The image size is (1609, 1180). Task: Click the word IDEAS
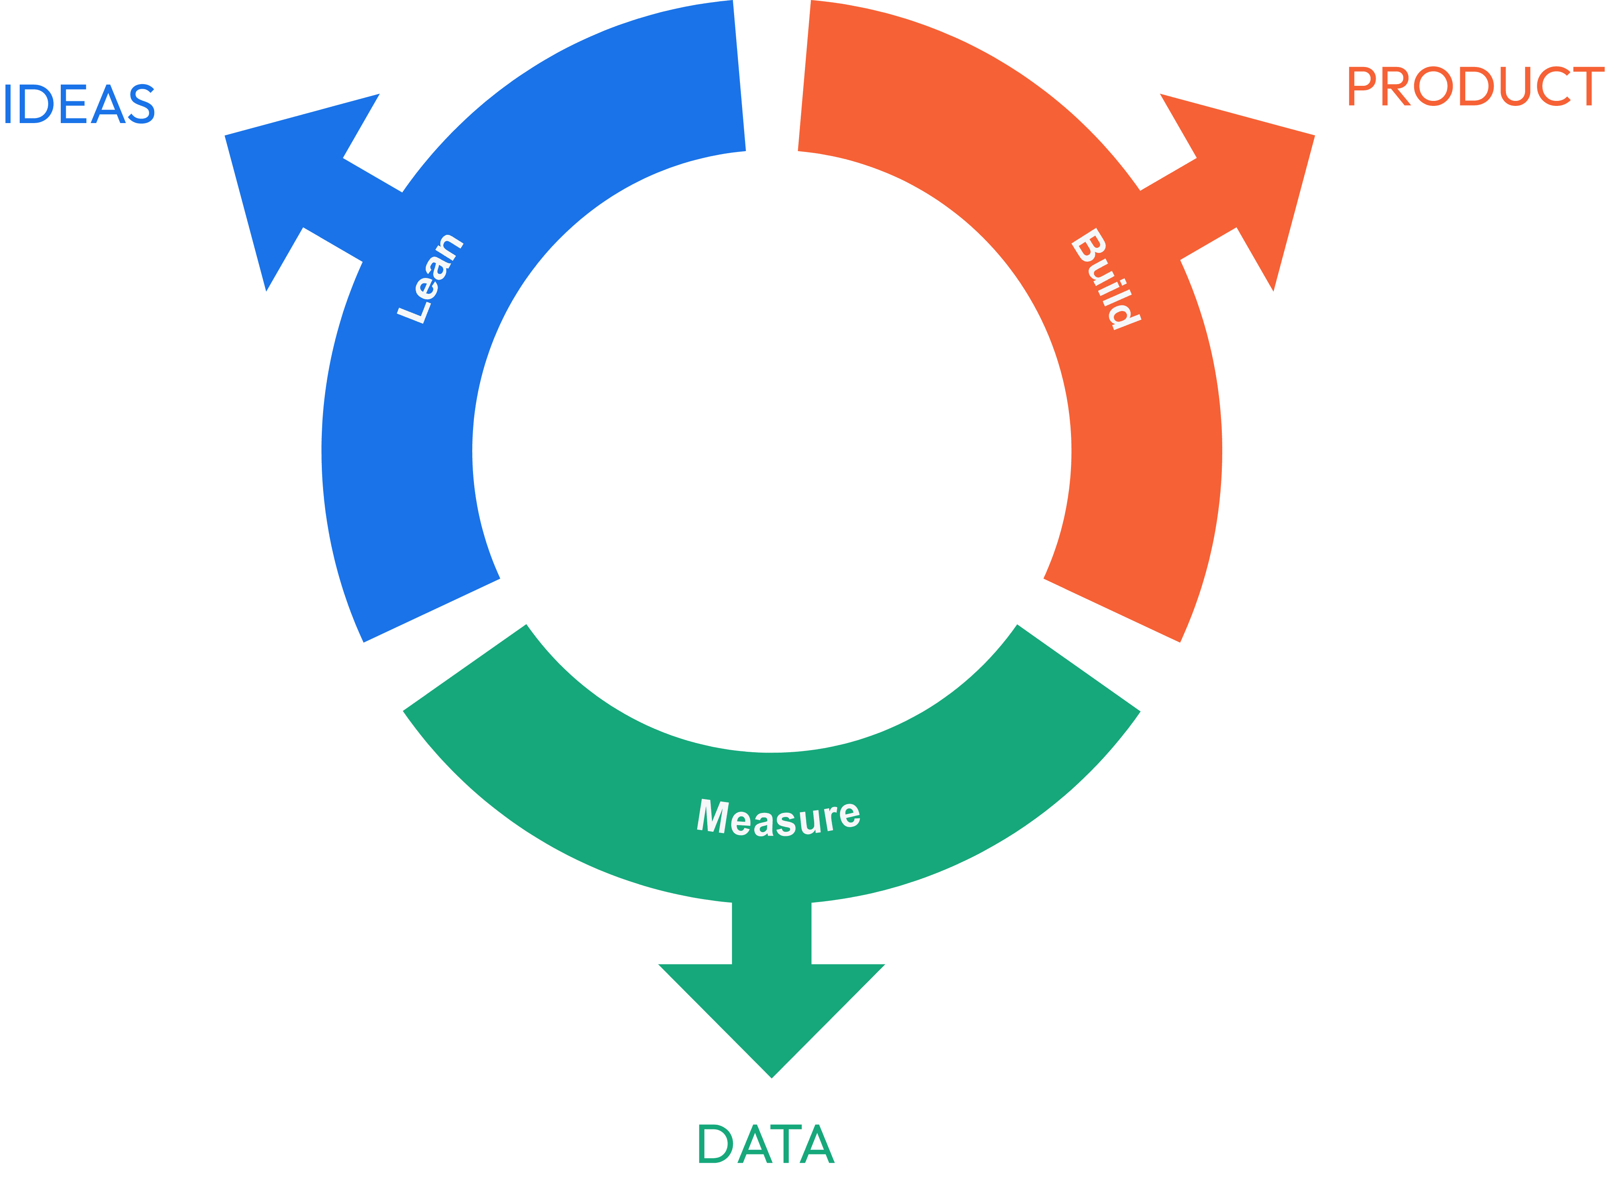tap(80, 104)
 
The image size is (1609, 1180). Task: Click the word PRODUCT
tap(1474, 87)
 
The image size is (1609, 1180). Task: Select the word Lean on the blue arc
tap(429, 279)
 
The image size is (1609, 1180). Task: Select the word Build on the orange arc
tap(1105, 279)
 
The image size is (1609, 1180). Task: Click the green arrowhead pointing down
tap(771, 1014)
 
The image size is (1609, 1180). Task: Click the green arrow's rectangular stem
tap(771, 932)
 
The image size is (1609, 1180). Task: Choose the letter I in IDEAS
tap(8, 104)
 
